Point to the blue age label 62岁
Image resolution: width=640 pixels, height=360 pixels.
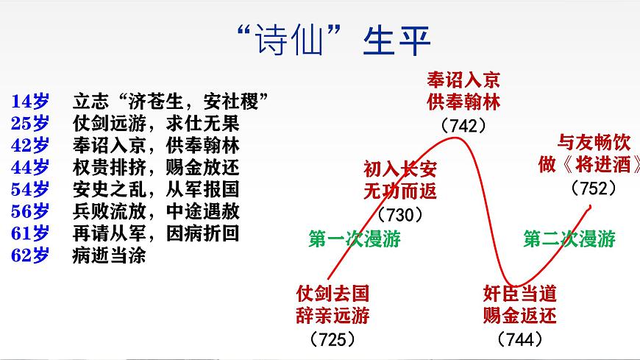[31, 256]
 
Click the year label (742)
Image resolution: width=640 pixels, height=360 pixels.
[463, 125]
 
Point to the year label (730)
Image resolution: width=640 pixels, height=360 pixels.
[400, 215]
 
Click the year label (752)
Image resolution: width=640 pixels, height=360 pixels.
[593, 188]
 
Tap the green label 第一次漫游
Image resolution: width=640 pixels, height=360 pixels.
[355, 239]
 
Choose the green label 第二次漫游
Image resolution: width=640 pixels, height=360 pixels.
[569, 239]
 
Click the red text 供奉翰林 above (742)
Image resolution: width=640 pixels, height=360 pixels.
[463, 102]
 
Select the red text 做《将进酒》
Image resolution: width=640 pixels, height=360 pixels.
[589, 164]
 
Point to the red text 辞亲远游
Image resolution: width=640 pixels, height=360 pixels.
[333, 317]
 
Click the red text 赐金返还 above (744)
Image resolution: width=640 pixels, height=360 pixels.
[520, 317]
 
